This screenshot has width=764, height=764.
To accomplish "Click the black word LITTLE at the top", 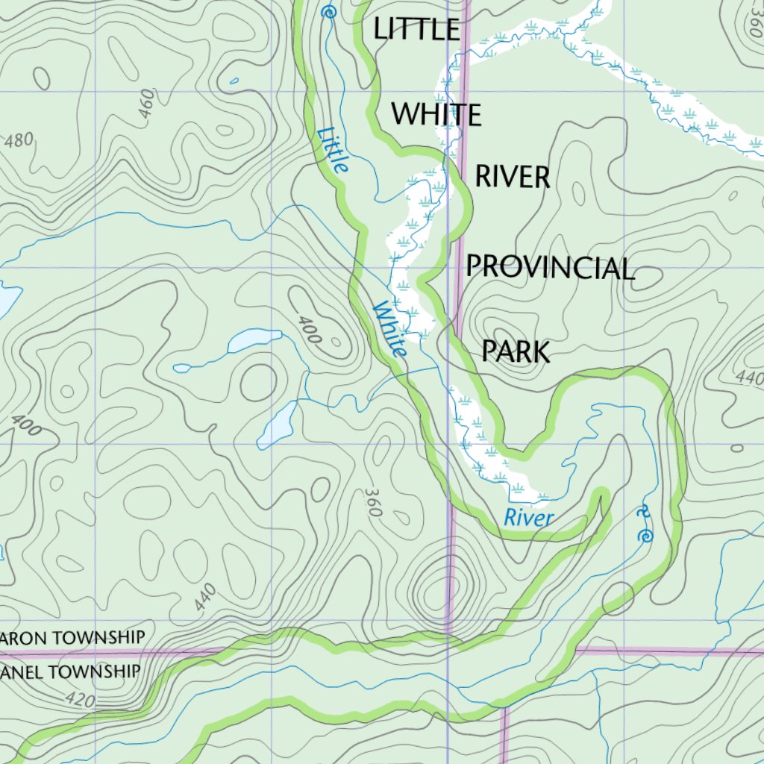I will (x=416, y=29).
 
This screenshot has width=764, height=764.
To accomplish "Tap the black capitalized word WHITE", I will (x=436, y=115).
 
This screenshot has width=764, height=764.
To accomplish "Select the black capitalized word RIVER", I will (x=513, y=178).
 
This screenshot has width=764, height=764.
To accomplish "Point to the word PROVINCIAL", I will (x=550, y=267).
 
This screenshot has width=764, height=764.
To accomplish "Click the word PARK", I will (x=516, y=351).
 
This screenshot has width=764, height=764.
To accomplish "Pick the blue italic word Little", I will (x=332, y=149).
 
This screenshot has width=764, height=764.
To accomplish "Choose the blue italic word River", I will (x=528, y=517).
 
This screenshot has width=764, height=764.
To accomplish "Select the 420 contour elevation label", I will (x=79, y=699).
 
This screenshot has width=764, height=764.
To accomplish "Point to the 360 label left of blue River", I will (x=375, y=503).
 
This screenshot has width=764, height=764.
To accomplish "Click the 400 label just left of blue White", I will (x=309, y=329).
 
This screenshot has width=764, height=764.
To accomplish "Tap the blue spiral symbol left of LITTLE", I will (x=328, y=12).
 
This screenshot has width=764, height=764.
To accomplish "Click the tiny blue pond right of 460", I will (x=234, y=81).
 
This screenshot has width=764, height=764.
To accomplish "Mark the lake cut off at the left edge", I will (x=7, y=299).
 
